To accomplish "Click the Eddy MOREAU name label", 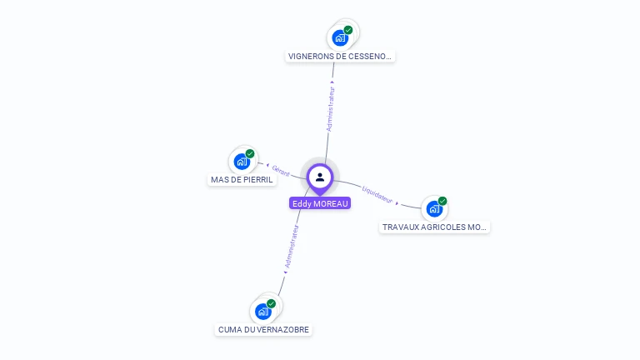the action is tap(320, 203).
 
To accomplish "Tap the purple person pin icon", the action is tap(320, 177).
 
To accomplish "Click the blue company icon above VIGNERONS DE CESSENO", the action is tap(339, 37).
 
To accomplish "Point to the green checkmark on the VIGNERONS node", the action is tap(348, 30).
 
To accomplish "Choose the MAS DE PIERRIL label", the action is tap(242, 180).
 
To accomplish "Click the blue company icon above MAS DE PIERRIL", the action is tap(241, 162).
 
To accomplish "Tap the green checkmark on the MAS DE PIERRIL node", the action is tap(250, 154).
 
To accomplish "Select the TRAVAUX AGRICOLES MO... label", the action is tap(434, 227).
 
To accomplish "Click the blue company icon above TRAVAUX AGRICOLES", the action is tap(433, 208).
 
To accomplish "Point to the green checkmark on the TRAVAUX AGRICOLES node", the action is tap(442, 201).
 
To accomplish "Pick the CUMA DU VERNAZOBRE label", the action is tap(263, 330).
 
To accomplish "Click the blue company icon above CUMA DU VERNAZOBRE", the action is tap(262, 312).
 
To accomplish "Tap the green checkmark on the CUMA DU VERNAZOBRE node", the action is tap(272, 304).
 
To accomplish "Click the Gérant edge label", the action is tap(281, 172).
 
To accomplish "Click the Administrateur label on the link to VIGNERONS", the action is tap(331, 107).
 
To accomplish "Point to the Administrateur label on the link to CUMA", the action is tap(291, 247).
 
